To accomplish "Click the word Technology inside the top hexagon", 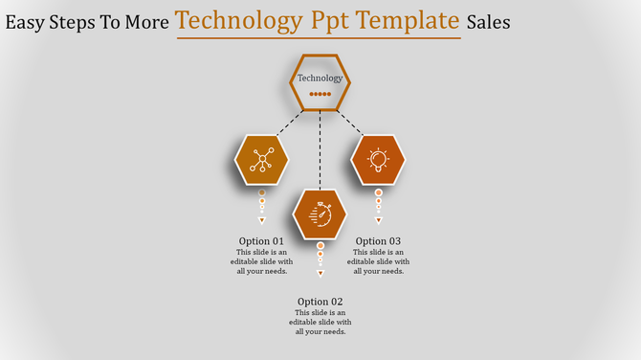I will [320, 79].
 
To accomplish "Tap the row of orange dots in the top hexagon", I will [320, 95].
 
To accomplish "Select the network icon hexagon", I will [261, 159].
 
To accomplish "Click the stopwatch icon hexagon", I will [320, 214].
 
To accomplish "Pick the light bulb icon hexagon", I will [378, 159].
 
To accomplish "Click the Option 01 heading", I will [261, 241].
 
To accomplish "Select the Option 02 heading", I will [320, 302].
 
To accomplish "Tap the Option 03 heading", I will [378, 241].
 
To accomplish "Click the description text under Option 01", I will [261, 261].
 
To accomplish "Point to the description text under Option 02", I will [320, 323].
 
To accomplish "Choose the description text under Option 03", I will [378, 261].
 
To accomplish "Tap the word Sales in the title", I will [488, 22].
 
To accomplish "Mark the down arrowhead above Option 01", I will [261, 220].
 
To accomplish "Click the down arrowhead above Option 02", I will [320, 274].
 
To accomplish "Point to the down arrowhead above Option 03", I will [378, 220].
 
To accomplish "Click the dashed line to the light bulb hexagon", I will [351, 124].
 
